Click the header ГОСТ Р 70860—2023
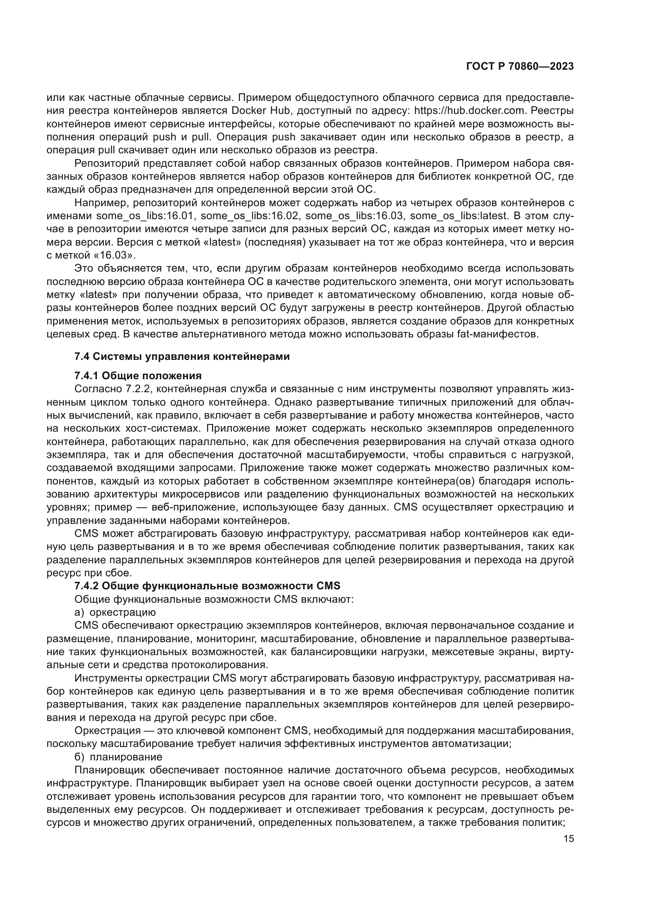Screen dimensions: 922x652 (x=520, y=67)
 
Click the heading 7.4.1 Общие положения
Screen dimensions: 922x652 (x=138, y=376)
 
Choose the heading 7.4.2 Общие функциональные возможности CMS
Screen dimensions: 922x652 (x=207, y=586)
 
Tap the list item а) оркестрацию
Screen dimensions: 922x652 (x=115, y=613)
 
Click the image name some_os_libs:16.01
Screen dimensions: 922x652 (x=145, y=216)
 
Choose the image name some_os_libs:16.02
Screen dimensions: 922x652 (x=250, y=216)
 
